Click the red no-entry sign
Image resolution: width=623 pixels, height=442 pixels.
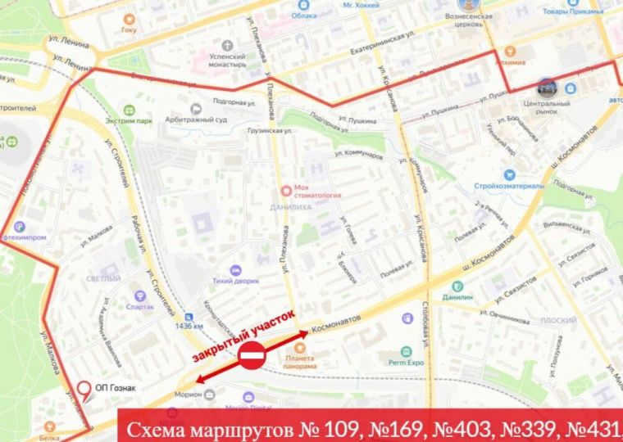pyautogui.click(x=252, y=357)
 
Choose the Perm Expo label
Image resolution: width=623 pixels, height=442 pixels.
pyautogui.click(x=405, y=362)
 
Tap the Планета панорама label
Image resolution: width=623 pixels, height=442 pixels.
pyautogui.click(x=300, y=362)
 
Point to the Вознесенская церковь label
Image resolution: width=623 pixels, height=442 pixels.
pyautogui.click(x=467, y=20)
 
